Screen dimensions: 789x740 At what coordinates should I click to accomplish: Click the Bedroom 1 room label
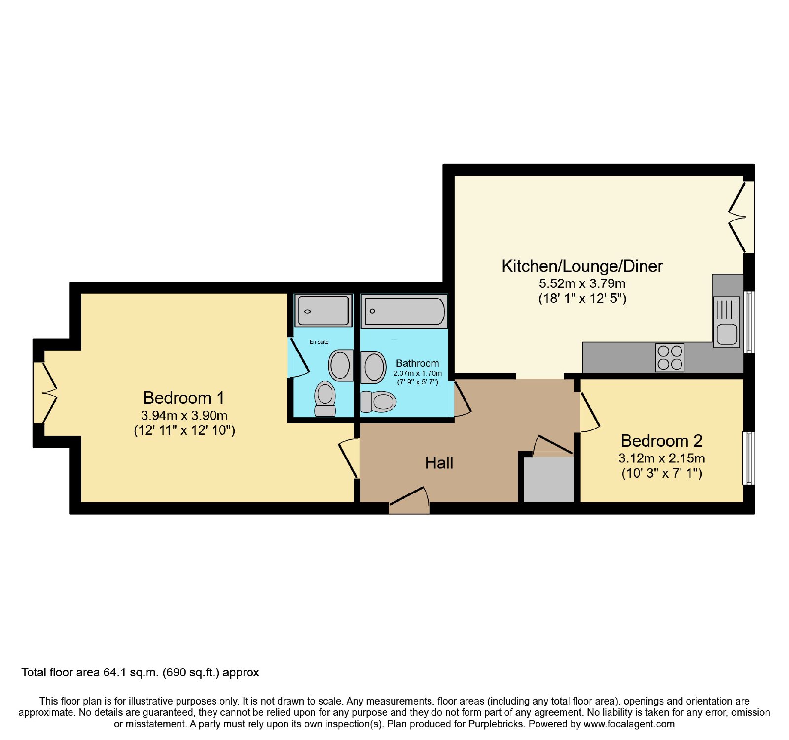click(184, 398)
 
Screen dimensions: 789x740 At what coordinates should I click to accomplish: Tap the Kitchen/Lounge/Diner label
click(582, 266)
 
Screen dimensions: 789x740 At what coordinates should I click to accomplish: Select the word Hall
click(439, 463)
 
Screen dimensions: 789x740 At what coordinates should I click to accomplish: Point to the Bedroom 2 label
click(662, 441)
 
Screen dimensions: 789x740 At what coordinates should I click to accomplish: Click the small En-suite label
click(319, 342)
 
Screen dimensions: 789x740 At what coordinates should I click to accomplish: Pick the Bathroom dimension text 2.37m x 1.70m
click(418, 373)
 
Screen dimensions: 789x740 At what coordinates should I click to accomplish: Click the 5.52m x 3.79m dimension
click(582, 283)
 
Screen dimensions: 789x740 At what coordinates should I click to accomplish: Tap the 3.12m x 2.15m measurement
click(662, 458)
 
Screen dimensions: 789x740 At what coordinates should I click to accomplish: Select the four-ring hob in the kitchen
click(670, 357)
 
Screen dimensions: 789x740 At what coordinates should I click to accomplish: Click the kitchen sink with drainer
click(726, 321)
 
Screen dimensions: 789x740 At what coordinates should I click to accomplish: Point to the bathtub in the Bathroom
click(404, 312)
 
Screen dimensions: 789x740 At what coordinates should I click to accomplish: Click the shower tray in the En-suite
click(323, 311)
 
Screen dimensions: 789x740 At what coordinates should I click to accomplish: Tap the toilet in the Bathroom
click(378, 402)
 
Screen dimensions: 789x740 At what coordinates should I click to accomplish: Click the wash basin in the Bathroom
click(373, 367)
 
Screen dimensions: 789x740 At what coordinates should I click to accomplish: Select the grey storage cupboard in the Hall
click(549, 480)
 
